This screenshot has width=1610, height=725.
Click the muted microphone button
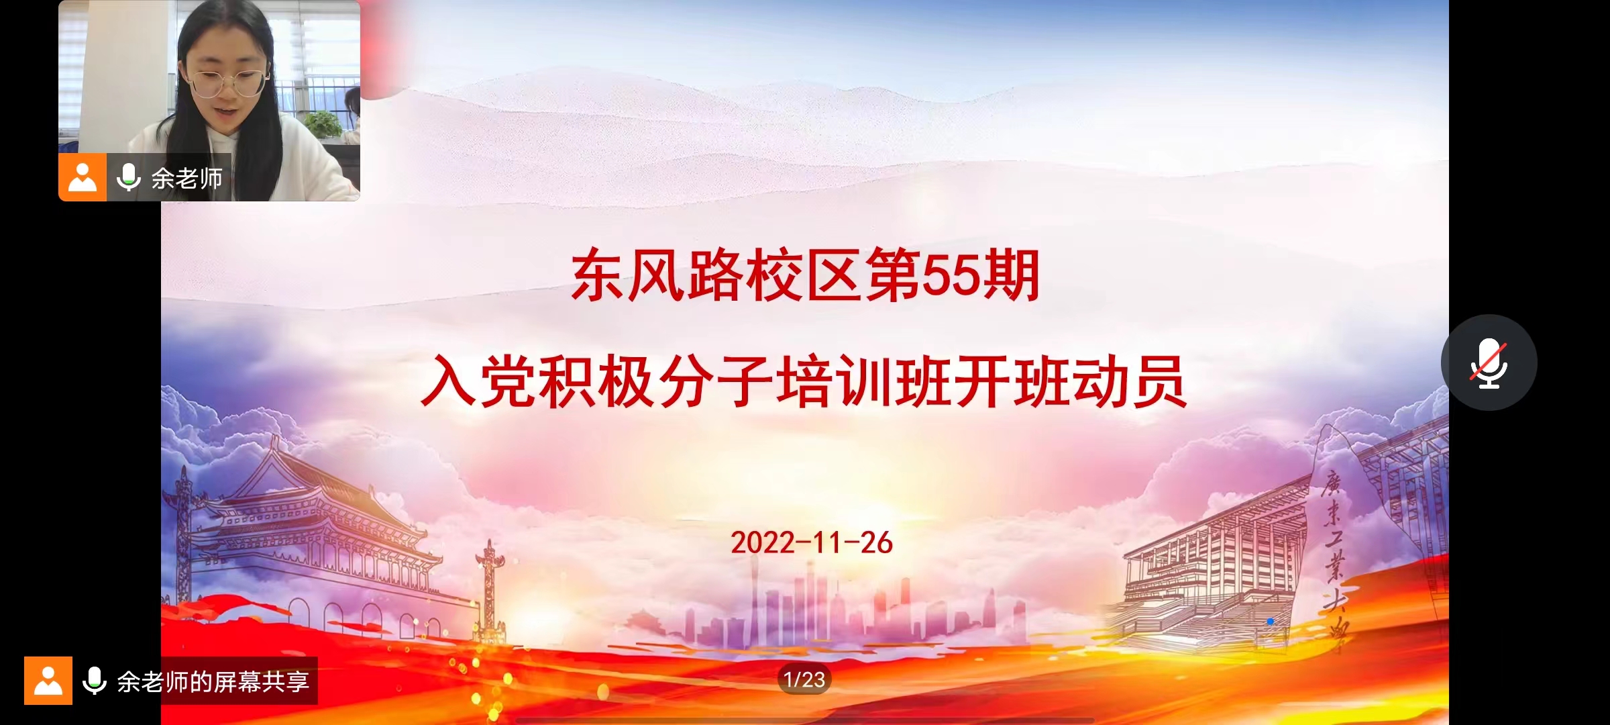tap(1489, 362)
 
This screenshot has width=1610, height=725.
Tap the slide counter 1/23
tap(804, 679)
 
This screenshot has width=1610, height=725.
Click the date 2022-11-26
tap(811, 542)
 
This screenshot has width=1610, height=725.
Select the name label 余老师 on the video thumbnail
tap(186, 178)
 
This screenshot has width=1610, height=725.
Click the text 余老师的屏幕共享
tap(213, 681)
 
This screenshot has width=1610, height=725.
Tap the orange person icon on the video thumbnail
tap(83, 177)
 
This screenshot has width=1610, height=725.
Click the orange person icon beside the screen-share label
tap(48, 681)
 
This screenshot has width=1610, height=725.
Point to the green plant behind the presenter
tap(322, 124)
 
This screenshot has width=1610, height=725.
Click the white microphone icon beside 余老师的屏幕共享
tap(94, 681)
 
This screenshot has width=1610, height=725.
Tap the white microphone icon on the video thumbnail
tap(128, 177)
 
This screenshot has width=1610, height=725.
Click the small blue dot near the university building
tap(1270, 622)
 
